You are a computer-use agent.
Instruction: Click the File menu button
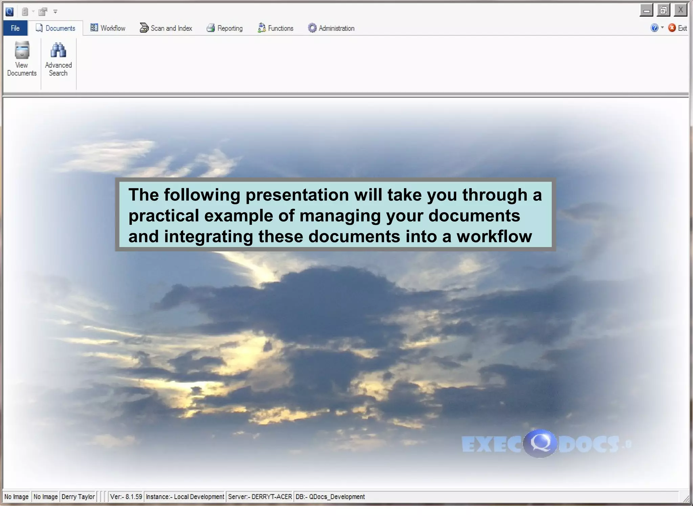[15, 28]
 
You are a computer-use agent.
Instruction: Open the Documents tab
[55, 28]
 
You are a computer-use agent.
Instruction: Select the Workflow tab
[108, 28]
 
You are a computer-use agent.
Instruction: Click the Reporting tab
[225, 28]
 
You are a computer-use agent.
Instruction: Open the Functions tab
[275, 28]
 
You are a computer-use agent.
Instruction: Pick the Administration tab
[331, 28]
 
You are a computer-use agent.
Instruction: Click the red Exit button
[677, 28]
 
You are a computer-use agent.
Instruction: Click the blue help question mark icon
[654, 28]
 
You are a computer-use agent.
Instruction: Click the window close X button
[680, 10]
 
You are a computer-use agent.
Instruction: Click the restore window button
[663, 10]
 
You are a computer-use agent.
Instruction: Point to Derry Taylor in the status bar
[78, 497]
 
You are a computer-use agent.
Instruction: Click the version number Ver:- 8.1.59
[126, 497]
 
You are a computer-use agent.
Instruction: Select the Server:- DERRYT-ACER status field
[260, 497]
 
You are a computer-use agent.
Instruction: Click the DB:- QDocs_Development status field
[330, 497]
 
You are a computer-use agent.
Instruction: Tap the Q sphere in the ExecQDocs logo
[540, 443]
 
